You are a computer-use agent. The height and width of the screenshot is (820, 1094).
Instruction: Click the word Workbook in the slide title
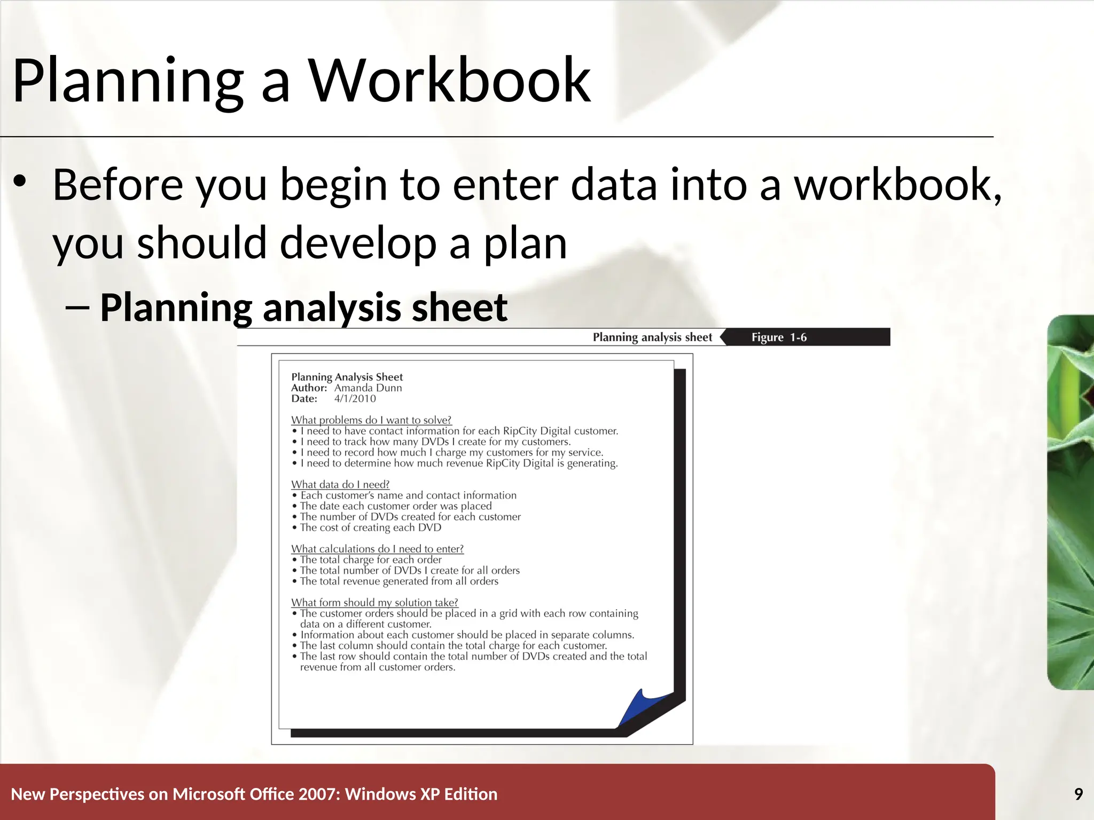[450, 81]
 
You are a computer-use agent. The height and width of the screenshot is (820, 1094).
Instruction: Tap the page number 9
[1079, 794]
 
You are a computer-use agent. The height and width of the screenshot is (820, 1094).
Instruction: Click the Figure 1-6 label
[779, 337]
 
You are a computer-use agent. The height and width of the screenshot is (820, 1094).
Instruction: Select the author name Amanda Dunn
[368, 388]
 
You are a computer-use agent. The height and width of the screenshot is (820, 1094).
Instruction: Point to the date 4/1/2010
[355, 399]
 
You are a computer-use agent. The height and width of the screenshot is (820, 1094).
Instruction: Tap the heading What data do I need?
[340, 484]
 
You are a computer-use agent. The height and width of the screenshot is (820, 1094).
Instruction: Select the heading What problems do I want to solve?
[371, 420]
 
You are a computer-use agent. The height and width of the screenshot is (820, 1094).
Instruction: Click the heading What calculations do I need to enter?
[377, 549]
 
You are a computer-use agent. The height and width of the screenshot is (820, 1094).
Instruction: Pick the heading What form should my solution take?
[374, 602]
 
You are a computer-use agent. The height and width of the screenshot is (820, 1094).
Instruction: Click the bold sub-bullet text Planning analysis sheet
[303, 307]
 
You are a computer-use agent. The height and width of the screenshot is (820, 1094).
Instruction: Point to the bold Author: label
[309, 388]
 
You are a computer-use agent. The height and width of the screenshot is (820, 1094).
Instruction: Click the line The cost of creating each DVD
[370, 527]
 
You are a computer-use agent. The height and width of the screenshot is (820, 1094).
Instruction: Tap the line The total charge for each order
[370, 559]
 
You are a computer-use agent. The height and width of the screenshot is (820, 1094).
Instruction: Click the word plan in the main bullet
[525, 243]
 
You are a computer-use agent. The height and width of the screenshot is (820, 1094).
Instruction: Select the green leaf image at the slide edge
[1070, 502]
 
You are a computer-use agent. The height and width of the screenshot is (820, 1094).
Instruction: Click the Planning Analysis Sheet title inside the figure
[347, 377]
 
